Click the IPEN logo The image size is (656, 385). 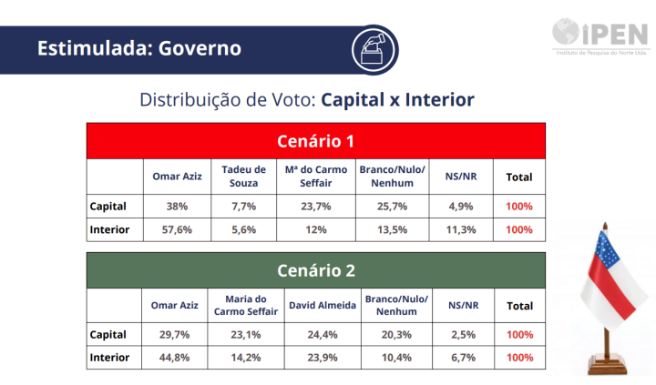click(600, 36)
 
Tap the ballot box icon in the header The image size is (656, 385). click(374, 49)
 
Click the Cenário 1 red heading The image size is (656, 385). click(316, 141)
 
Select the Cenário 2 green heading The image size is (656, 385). click(316, 270)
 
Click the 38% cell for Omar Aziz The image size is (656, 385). click(177, 207)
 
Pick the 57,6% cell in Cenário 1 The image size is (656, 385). click(177, 230)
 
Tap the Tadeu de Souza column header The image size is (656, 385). click(243, 177)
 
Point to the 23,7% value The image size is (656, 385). click(316, 207)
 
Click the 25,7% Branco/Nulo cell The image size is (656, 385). click(392, 207)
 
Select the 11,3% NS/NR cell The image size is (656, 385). click(461, 230)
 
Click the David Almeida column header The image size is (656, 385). click(323, 306)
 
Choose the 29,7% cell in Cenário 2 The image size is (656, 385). click(174, 335)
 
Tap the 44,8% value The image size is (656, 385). click(174, 358)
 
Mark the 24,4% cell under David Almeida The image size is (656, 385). click(323, 335)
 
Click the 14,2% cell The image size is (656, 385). click(246, 358)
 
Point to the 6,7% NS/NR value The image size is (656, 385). click(463, 358)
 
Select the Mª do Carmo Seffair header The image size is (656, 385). click(316, 177)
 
